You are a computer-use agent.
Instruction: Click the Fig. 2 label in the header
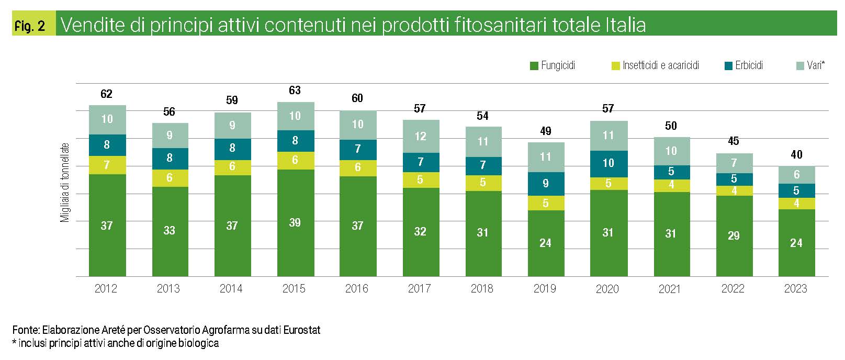point(30,26)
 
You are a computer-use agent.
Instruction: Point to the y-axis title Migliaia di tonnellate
point(65,183)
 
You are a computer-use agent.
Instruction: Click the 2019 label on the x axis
point(545,288)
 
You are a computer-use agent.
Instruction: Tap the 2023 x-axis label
point(795,288)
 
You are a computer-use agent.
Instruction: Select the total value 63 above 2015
point(295,91)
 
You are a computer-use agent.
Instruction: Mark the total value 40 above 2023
point(796,154)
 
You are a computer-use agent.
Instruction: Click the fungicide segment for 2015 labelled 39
point(295,222)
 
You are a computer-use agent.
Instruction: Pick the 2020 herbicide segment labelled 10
point(608,163)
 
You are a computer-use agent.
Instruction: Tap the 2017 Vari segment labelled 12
point(420,136)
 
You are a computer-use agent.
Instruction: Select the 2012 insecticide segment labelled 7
point(107,165)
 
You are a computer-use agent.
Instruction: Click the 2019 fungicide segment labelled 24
point(546,243)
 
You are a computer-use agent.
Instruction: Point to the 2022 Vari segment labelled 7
point(734,163)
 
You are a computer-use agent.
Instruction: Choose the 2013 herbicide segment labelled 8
point(170,158)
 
